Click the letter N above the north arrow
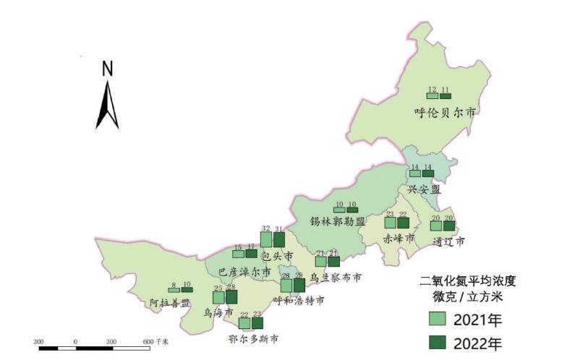107,69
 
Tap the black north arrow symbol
107,106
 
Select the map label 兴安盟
424,189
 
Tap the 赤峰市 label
399,239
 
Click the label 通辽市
447,241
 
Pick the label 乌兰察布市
335,277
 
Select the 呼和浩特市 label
299,299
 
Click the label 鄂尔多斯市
253,338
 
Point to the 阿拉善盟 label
170,303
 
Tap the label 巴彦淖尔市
244,272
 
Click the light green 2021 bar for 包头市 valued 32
266,239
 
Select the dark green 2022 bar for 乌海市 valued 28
231,297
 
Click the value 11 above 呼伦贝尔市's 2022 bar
445,89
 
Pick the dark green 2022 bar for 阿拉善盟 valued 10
187,290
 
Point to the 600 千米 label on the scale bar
155,340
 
